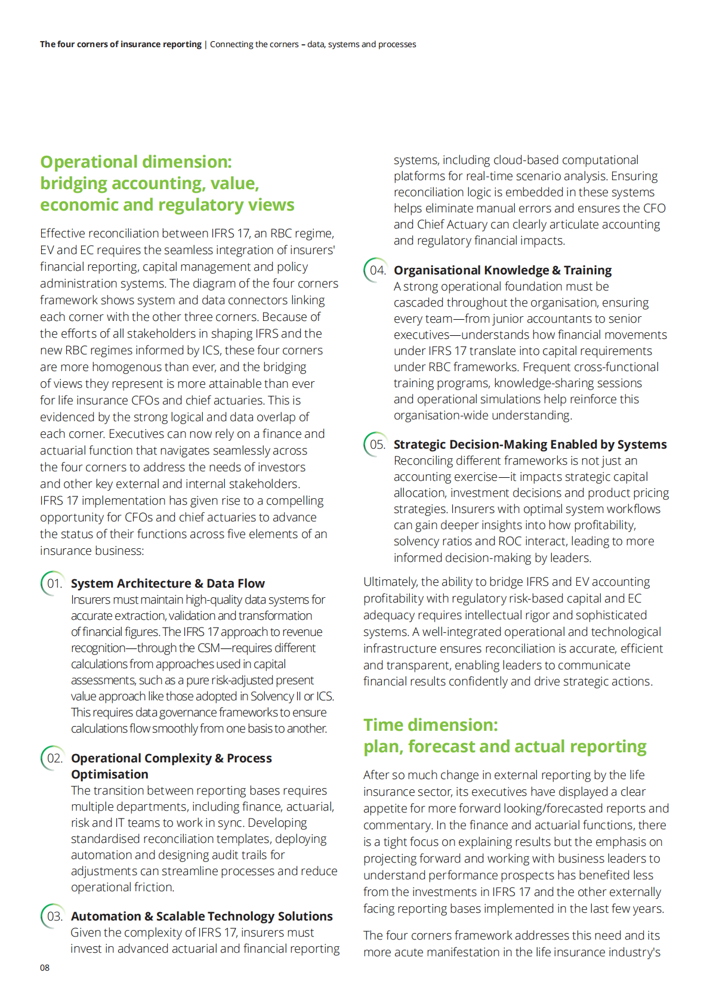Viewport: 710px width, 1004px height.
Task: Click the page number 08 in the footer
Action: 45,968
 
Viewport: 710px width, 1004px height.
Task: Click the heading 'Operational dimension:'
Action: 136,162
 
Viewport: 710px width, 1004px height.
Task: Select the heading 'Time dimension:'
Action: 430,725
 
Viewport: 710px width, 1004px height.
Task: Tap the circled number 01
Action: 54,583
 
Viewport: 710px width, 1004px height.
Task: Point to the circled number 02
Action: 54,758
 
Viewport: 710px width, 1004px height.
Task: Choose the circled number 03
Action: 54,916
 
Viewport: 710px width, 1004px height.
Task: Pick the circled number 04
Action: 376,270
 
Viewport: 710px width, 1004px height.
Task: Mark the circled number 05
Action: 376,444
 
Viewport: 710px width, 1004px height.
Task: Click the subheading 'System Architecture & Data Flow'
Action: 168,583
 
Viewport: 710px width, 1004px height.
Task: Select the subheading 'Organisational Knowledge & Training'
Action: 502,270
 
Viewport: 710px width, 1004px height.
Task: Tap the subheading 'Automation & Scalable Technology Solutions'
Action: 202,916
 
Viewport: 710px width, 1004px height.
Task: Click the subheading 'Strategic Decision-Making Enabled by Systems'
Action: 530,444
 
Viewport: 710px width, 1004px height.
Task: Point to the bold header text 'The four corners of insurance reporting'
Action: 121,44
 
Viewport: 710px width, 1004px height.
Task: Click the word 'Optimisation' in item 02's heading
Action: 110,774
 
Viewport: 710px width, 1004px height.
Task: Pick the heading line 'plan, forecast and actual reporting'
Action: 505,747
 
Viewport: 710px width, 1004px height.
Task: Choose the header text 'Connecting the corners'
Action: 254,44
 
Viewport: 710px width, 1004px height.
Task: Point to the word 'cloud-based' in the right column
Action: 526,160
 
